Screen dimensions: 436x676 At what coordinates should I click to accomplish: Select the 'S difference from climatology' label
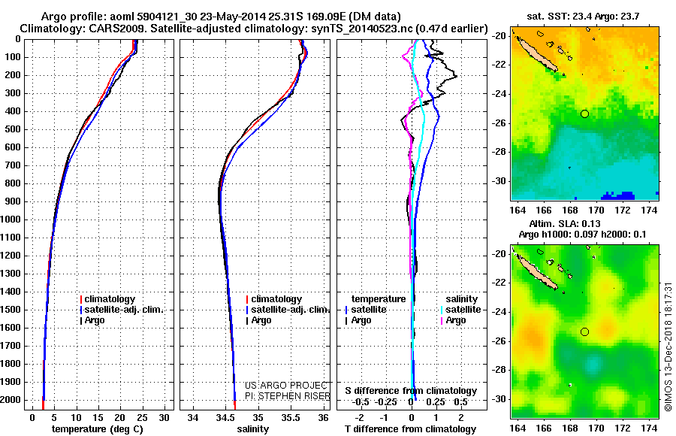pos(411,391)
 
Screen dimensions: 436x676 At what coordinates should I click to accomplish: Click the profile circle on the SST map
pos(584,114)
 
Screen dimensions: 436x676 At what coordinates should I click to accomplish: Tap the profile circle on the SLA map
pos(584,332)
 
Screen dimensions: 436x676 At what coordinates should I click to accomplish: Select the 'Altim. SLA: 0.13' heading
pos(586,223)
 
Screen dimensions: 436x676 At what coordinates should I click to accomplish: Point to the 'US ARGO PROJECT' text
pos(282,385)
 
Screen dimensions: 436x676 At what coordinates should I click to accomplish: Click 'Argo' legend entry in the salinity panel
pos(261,320)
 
